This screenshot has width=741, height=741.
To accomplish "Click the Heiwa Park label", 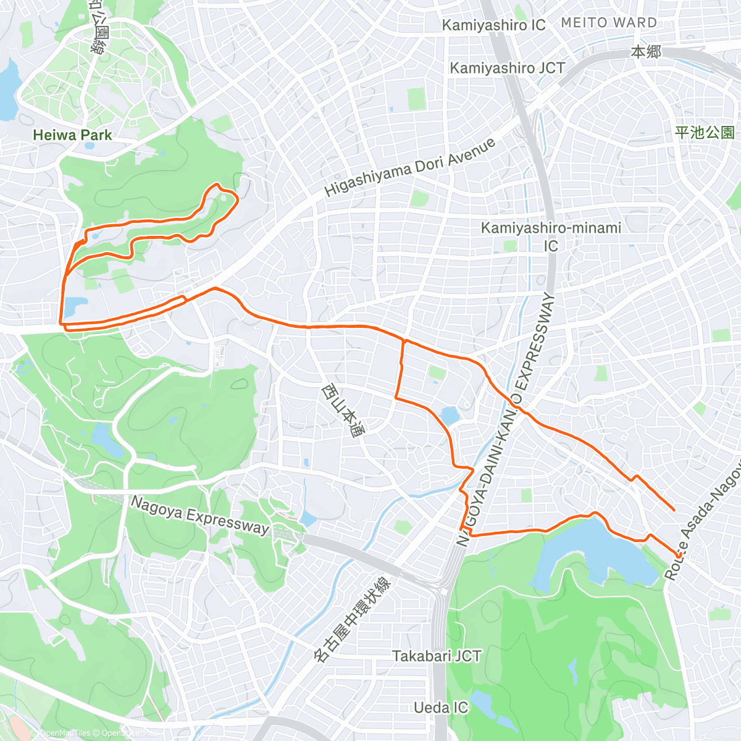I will point(72,135).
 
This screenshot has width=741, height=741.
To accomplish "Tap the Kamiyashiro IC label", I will point(493,25).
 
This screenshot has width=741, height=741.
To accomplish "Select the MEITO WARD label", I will point(609,23).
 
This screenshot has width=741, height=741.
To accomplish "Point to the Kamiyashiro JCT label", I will point(507,68).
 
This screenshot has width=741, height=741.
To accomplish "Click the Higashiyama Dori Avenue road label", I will point(410,167).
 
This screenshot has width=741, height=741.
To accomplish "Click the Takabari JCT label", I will point(437,656).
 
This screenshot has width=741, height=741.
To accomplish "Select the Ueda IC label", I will point(441,707).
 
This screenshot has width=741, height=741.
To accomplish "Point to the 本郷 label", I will point(646,52).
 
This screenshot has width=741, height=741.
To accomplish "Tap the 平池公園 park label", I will point(705,132).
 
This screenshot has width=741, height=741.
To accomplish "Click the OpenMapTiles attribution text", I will point(65,733).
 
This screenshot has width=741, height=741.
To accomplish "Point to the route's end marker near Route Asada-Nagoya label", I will point(679,556).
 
